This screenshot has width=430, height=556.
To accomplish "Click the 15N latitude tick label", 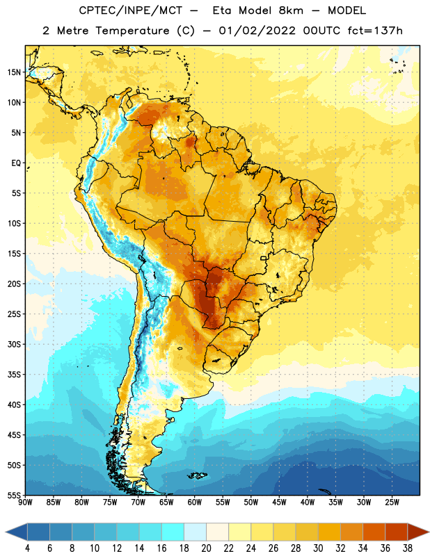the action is click(x=14, y=72).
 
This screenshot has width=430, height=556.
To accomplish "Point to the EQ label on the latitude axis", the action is click(x=16, y=163).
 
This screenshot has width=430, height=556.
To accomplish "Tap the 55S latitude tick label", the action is click(x=14, y=495).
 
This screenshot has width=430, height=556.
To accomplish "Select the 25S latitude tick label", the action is click(x=14, y=314).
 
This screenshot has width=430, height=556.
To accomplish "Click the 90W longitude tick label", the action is click(x=25, y=502).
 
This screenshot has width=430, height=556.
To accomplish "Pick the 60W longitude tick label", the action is click(x=195, y=502).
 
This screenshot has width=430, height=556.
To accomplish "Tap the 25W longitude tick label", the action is click(x=392, y=502).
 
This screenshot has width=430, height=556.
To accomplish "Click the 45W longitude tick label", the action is click(x=279, y=502).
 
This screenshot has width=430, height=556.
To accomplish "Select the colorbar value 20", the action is click(x=206, y=548).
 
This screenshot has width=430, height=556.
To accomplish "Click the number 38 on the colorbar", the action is click(x=408, y=548).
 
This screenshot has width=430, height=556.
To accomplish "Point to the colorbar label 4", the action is click(x=27, y=548).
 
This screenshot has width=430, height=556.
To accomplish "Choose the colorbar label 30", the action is click(x=318, y=548).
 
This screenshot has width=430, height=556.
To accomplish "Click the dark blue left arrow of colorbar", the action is click(x=17, y=532).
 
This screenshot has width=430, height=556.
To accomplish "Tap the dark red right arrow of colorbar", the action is click(x=418, y=532).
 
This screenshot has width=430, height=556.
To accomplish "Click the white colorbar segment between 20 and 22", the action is click(x=217, y=532).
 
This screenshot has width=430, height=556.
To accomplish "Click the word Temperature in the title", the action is click(x=132, y=31).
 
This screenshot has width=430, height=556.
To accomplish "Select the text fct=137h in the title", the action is click(x=375, y=31).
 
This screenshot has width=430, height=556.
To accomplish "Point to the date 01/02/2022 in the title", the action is click(x=257, y=31).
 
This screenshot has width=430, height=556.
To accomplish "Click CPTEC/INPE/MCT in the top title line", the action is click(x=131, y=10).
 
